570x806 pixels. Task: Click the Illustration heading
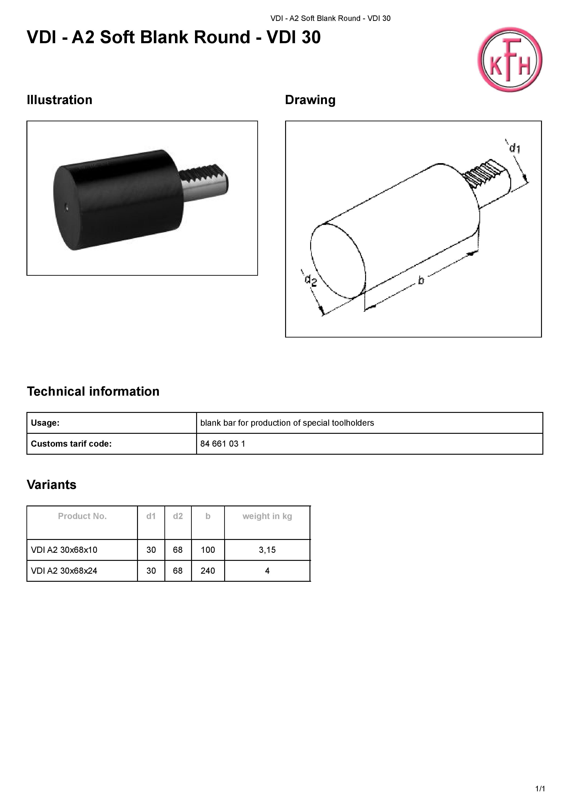[x=59, y=100]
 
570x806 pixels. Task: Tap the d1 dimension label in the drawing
[x=515, y=148]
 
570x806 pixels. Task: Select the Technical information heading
[x=93, y=392]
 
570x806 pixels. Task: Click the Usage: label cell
[x=45, y=423]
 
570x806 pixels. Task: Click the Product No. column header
[x=82, y=516]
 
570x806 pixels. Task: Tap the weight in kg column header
[x=267, y=516]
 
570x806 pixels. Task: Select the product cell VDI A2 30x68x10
[x=64, y=550]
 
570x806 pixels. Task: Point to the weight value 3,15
[x=267, y=550]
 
